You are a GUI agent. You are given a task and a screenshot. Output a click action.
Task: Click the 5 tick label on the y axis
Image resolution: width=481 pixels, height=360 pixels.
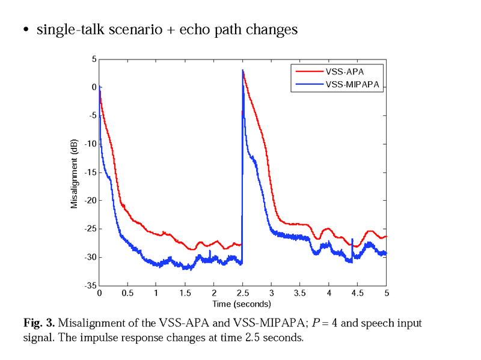tap(94, 59)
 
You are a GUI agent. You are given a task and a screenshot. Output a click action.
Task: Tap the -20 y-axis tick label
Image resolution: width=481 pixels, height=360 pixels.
tap(90, 201)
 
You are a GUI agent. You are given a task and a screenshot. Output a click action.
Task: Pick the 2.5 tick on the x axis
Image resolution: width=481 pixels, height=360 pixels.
tap(242, 293)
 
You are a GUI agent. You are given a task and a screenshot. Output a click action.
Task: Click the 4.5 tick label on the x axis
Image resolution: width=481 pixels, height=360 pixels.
tap(358, 293)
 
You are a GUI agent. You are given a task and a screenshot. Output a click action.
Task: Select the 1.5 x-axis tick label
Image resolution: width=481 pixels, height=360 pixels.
tap(185, 293)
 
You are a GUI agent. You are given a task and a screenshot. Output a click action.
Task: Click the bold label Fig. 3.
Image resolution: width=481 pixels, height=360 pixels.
tap(40, 323)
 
